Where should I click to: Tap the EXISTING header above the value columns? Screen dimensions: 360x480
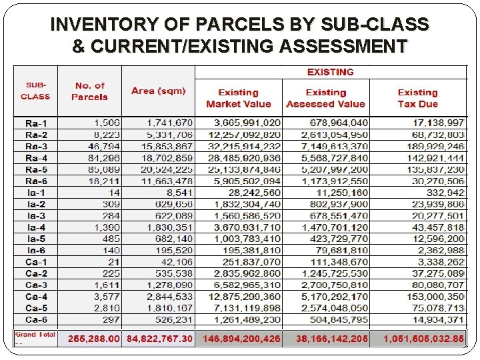pos(330,72)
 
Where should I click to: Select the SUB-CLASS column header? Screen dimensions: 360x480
pos(35,91)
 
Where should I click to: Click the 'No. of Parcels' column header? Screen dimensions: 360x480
pos(91,91)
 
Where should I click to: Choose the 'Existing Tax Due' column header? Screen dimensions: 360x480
pos(417,98)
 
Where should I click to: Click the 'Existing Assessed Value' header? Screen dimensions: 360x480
pos(325,98)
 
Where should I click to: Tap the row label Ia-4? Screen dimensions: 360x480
pos(36,227)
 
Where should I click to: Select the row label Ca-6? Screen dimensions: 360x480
pos(36,319)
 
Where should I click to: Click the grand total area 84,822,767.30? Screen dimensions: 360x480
pos(159,339)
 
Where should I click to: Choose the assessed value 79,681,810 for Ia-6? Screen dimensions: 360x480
pos(339,250)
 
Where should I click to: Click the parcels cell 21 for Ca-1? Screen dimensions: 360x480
pos(115,262)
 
